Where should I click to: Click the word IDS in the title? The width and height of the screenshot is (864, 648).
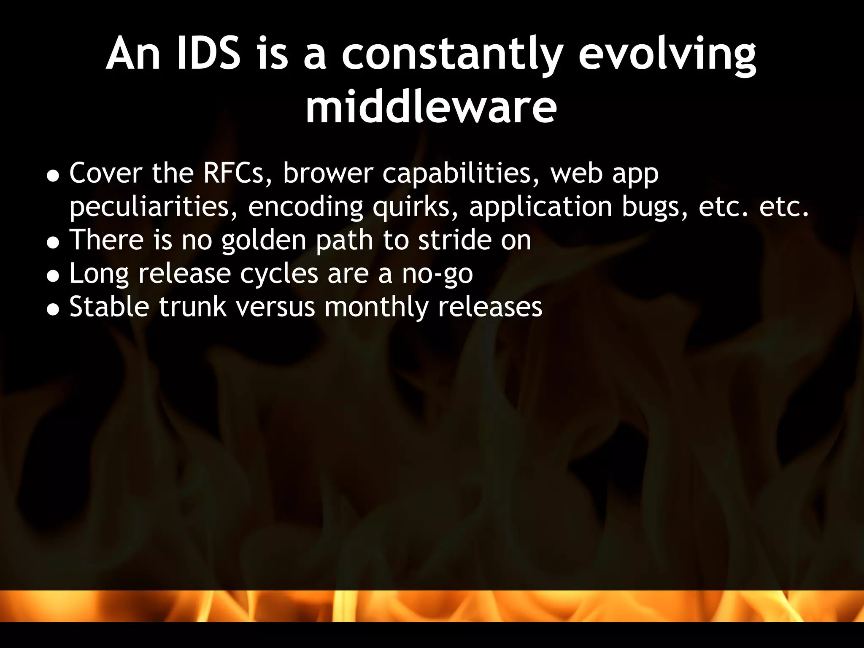pyautogui.click(x=208, y=54)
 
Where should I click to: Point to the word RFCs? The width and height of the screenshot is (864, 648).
pyautogui.click(x=237, y=173)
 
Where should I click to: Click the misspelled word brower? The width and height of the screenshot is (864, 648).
pyautogui.click(x=328, y=173)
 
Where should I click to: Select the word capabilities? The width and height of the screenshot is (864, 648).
pyautogui.click(x=461, y=174)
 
